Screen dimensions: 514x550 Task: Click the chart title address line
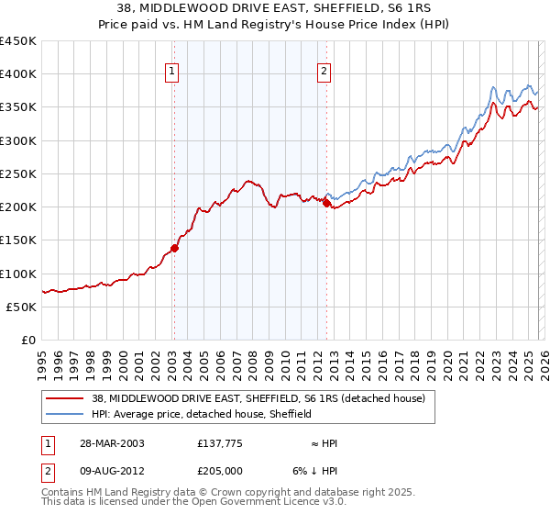coord(274,7)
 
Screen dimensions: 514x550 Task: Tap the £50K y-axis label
coord(22,307)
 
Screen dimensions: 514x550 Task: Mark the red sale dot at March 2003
coord(174,248)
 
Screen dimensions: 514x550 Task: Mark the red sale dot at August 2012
coord(327,203)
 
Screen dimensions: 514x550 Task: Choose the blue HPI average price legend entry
coord(202,414)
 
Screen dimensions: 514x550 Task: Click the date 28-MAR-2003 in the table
coord(105,442)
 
